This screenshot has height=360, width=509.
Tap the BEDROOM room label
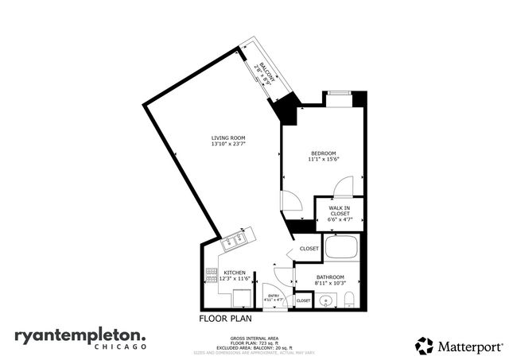pos(324,153)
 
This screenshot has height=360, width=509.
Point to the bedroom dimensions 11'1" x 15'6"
pos(324,161)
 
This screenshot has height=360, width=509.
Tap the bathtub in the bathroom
pos(342,248)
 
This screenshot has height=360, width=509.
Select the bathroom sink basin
pos(326,300)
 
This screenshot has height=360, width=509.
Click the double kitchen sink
pos(236,238)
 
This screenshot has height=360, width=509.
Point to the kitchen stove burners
pos(211,274)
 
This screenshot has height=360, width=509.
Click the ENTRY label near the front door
pos(274,295)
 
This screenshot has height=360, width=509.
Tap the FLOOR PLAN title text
pos(226,318)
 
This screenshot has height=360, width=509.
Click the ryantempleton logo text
pos(80,335)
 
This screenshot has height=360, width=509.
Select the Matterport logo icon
pos(424,346)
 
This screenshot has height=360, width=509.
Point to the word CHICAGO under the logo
pos(120,347)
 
